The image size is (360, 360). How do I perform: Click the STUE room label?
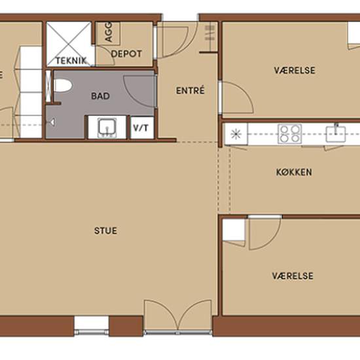105,231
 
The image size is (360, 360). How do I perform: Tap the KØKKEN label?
294,172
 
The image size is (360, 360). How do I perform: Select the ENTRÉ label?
190,90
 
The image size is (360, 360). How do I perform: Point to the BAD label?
100,96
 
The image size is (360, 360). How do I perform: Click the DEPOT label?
126,54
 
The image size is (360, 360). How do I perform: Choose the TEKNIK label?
71,61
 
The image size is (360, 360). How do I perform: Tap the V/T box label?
141,128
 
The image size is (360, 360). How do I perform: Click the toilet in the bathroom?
62,85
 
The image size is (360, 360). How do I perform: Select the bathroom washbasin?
107,128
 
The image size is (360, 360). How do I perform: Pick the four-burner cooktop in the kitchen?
289,134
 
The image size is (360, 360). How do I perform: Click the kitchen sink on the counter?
336,134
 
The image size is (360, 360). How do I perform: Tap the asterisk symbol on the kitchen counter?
236,134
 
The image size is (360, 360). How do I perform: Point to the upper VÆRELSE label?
295,71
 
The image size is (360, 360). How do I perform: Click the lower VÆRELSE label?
293,276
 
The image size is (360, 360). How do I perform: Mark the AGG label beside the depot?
108,31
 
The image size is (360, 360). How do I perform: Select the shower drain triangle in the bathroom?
52,122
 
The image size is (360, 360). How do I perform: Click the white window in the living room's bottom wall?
91,326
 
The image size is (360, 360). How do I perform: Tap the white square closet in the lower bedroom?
234,230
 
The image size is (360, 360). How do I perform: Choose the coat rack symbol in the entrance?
209,33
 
